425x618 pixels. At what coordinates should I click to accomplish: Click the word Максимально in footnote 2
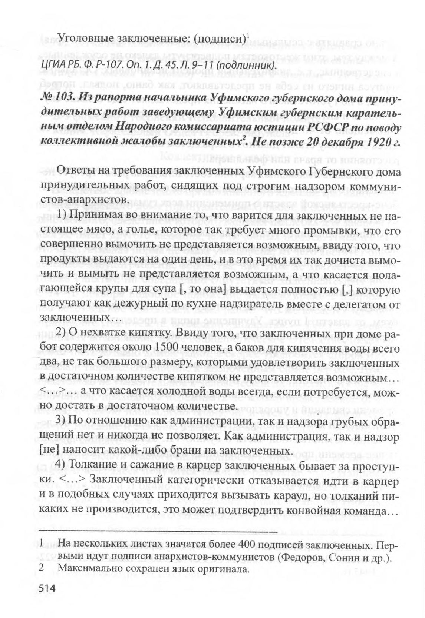(x=90, y=569)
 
